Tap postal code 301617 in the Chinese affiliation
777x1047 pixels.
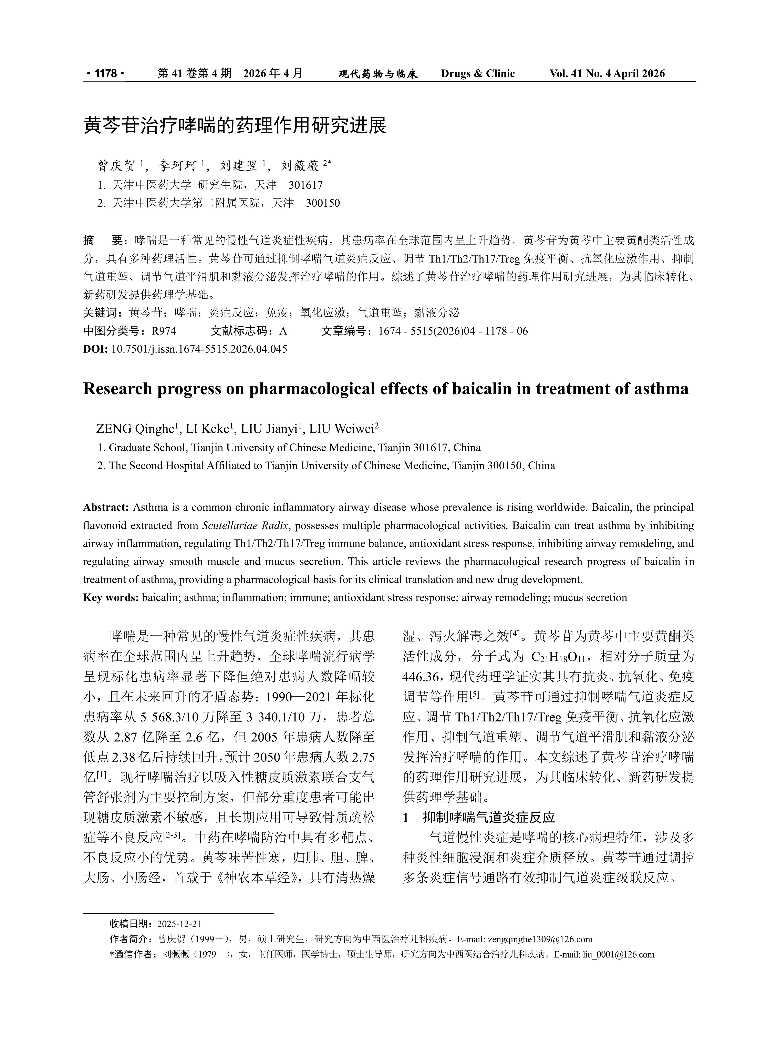[306, 185]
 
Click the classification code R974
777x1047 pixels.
[164, 331]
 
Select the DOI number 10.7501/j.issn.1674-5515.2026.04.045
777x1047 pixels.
[199, 349]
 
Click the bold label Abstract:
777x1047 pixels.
[106, 507]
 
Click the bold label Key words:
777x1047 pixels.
[111, 598]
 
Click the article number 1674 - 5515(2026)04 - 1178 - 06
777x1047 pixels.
[453, 331]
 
